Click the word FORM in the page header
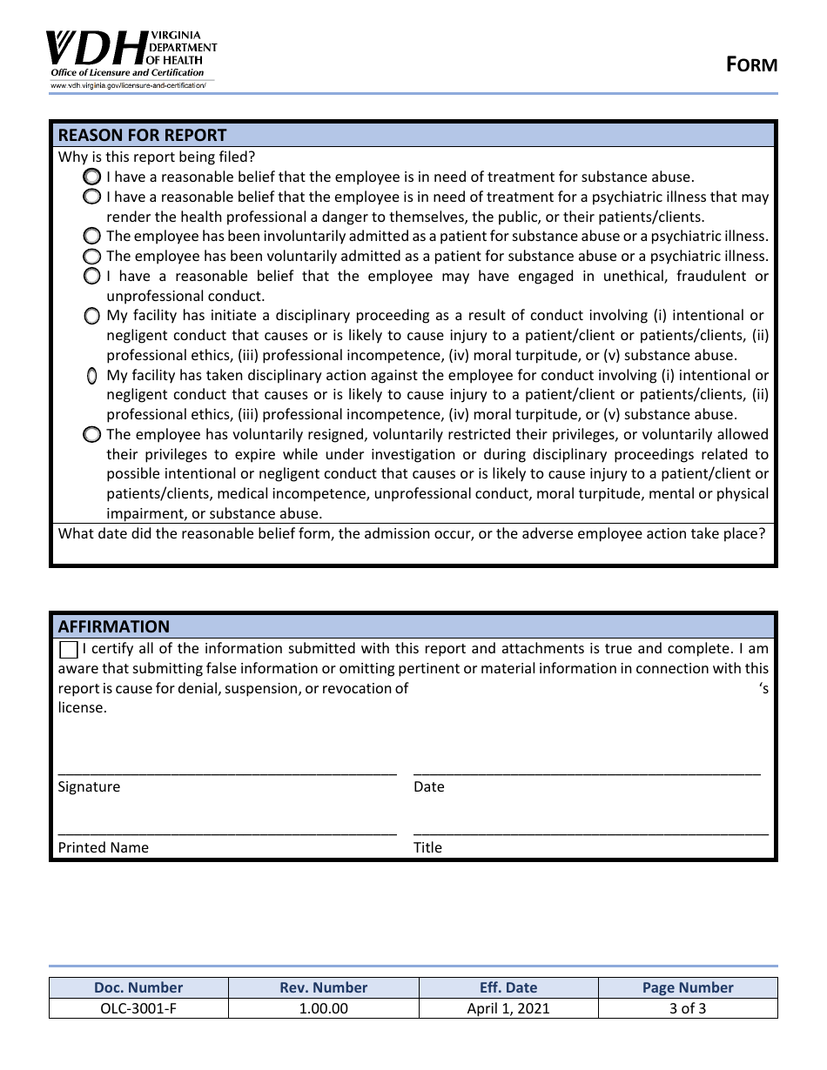[752, 64]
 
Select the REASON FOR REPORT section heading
[142, 135]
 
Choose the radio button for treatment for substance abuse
[91, 177]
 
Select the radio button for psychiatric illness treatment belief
[91, 197]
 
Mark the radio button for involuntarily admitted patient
[91, 236]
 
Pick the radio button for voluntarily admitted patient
[91, 256]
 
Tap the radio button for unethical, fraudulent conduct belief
[91, 276]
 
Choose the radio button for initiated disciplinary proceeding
[91, 316]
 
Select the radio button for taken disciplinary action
[91, 376]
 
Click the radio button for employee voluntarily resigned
[91, 434]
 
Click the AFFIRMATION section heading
[113, 626]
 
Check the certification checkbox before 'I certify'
[69, 650]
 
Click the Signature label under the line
[89, 786]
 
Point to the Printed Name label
[103, 847]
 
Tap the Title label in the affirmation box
[427, 847]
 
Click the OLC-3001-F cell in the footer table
[138, 1008]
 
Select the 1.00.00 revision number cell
[323, 1008]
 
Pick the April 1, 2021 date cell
[508, 1008]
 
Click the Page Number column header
[688, 987]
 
